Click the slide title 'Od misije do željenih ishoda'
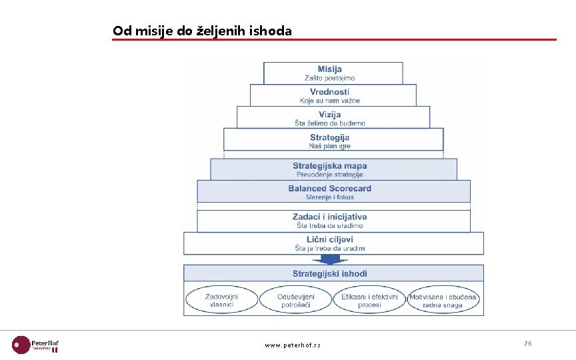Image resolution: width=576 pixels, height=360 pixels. click(202, 31)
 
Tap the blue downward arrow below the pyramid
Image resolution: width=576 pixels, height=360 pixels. click(333, 259)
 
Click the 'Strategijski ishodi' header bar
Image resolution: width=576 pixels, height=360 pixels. click(333, 273)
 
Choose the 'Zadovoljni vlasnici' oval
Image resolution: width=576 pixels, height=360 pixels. click(221, 300)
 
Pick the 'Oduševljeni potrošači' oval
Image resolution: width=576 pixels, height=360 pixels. click(295, 300)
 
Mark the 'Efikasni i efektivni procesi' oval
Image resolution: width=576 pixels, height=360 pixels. click(369, 300)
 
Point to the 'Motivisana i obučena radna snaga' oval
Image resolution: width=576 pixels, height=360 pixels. click(443, 300)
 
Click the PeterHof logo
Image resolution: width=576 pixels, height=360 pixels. click(36, 345)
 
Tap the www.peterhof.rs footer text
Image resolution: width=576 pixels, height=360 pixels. click(292, 345)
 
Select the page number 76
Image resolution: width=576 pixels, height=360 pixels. click(527, 343)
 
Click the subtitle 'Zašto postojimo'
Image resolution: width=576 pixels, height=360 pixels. click(330, 79)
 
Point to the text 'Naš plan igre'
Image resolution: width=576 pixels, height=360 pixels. click(330, 146)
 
